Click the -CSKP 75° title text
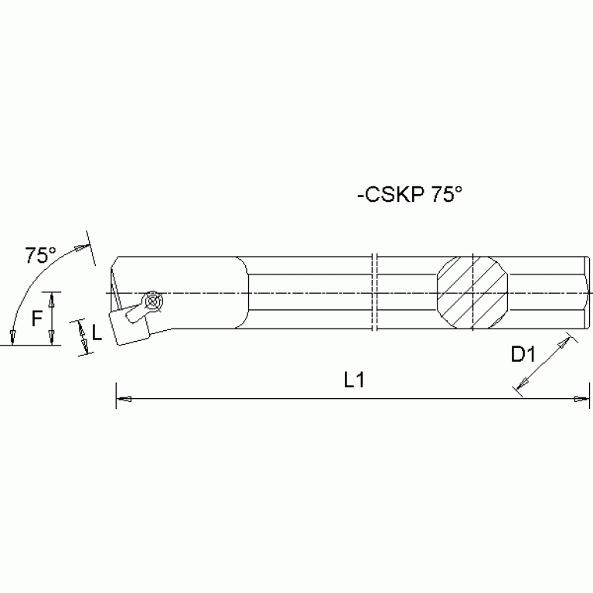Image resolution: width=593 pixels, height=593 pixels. pos(409,196)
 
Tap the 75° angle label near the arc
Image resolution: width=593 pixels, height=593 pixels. pos(40,256)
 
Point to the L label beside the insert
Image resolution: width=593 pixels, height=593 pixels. pos(97,333)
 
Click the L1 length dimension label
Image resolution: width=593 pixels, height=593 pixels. pos(355,379)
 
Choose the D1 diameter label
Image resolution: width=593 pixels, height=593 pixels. pos(523,354)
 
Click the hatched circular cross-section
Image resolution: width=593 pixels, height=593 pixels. pos(473,293)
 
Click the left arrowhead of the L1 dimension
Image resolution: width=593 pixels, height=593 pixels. pos(122,399)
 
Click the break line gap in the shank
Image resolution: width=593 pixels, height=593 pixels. pos(375,293)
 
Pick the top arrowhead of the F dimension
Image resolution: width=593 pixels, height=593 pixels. pos(51,298)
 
